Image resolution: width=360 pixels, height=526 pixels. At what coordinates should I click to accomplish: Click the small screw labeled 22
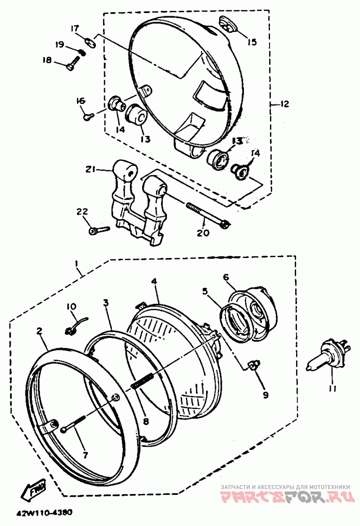(x=99, y=230)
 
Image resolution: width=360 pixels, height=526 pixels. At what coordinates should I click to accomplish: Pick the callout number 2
(x=40, y=331)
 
